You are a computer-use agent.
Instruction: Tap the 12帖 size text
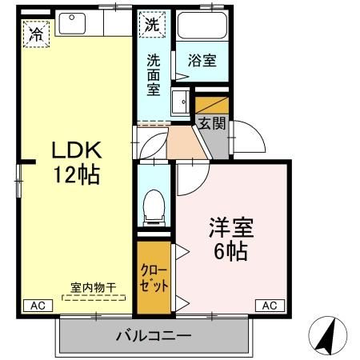[77, 174]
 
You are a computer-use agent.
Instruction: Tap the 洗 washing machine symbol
[153, 25]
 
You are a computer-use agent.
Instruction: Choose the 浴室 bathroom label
[201, 59]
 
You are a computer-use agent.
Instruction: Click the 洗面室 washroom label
[154, 74]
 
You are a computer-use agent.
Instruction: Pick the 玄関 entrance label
[211, 123]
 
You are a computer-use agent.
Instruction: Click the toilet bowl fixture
[152, 207]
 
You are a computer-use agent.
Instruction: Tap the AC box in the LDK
[37, 305]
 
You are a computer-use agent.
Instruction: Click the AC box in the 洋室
[270, 305]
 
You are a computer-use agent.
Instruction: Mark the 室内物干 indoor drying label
[93, 286]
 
